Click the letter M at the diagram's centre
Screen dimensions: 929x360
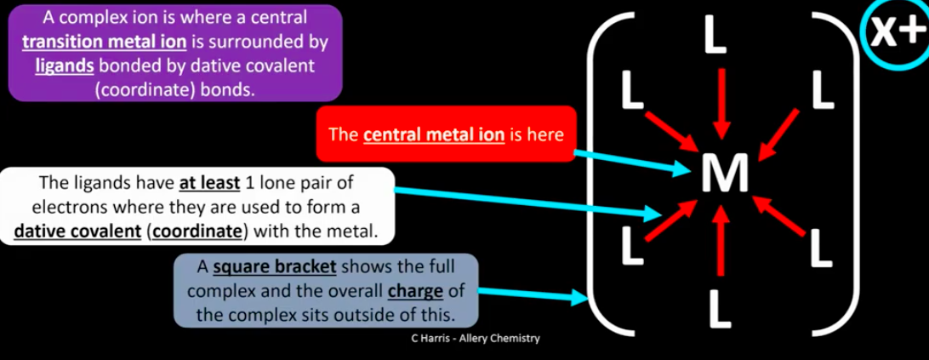(x=725, y=173)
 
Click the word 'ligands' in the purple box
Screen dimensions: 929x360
(x=65, y=66)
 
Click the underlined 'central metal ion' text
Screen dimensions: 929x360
(x=433, y=134)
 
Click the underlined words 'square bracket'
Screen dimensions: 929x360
(x=275, y=267)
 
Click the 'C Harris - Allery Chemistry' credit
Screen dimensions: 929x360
(x=471, y=339)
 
